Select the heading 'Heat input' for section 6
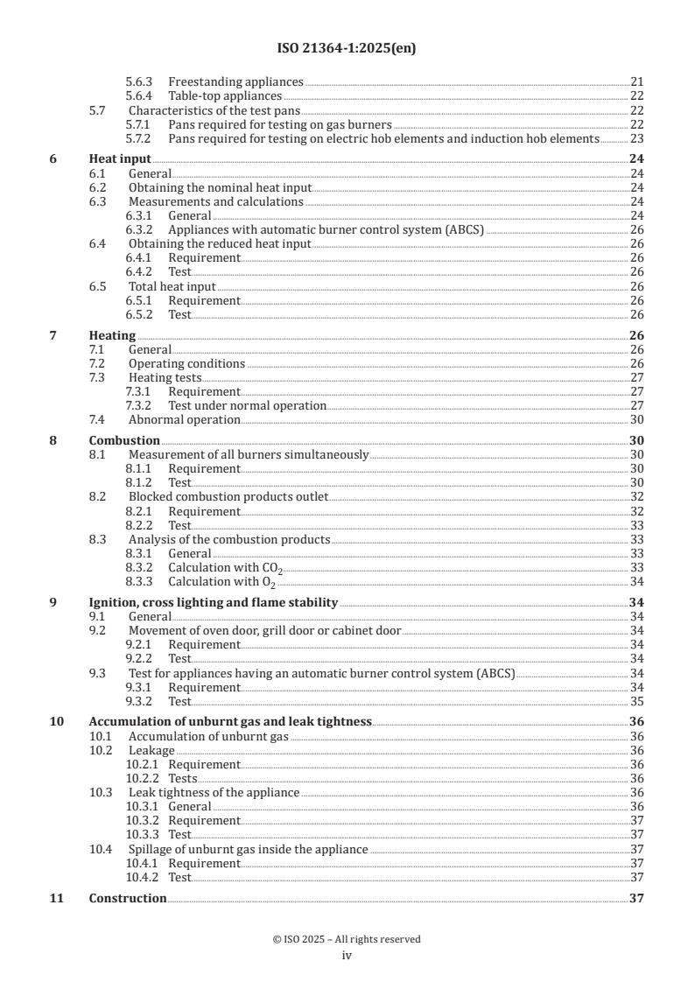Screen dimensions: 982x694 tap(120, 159)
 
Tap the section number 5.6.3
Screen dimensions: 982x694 tap(140, 81)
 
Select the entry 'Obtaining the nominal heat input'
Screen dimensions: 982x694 tap(220, 188)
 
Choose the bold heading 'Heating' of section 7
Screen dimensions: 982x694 tap(112, 335)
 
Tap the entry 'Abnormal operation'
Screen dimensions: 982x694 tap(184, 420)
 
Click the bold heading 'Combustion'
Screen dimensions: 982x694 tap(124, 441)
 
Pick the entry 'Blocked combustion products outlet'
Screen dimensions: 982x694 tap(228, 497)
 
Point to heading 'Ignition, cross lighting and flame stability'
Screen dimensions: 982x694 tap(214, 603)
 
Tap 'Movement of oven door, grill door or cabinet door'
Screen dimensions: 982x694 tap(264, 630)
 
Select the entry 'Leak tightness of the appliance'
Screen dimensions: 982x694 tap(214, 792)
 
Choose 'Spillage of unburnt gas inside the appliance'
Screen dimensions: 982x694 tap(248, 849)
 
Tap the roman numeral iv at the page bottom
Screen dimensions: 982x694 tap(347, 956)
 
